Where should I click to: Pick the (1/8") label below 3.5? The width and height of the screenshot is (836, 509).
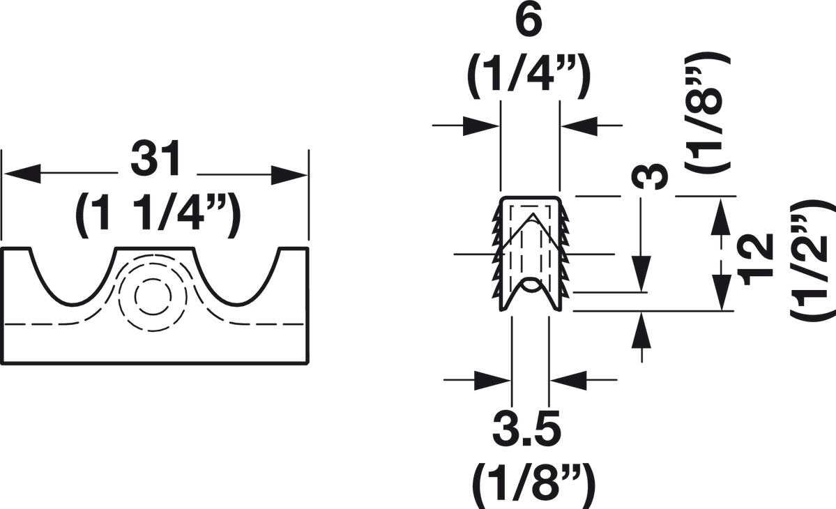click(528, 481)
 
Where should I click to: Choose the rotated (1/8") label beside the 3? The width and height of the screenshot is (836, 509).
click(706, 112)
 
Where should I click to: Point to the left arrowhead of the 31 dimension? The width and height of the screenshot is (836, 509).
click(21, 174)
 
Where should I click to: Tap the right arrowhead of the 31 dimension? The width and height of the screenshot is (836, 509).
click(289, 174)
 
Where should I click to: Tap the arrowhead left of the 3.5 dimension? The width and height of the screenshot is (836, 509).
click(494, 380)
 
